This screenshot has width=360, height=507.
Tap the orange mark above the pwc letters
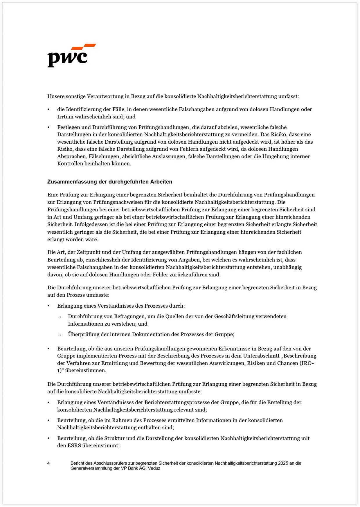tap(84, 47)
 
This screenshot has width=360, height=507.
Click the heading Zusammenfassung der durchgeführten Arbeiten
tap(110, 182)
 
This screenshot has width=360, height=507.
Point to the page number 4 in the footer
tap(48, 463)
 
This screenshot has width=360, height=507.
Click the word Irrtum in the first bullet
tap(65, 117)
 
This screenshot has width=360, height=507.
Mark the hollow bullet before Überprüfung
tap(60, 335)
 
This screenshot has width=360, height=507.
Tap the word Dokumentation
tap(151, 334)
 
